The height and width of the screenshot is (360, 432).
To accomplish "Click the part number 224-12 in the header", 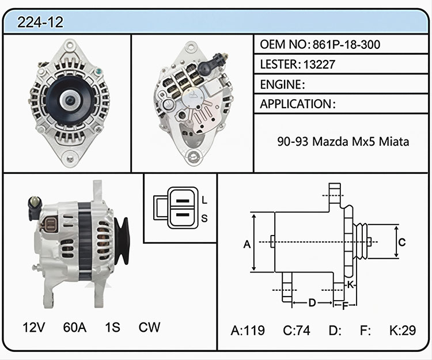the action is tap(40, 22).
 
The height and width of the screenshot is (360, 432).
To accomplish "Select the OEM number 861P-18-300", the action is tap(346, 44).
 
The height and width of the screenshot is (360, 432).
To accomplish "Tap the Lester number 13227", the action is tap(319, 65).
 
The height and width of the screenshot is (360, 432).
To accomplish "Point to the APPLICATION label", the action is tap(295, 104).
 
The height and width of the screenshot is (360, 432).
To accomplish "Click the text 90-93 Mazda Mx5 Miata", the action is tap(343, 142).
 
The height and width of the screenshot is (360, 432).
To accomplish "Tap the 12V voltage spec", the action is tap(33, 327).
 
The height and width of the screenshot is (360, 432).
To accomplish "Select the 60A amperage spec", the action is tap(75, 327).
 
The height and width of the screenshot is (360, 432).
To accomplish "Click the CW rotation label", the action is tap(149, 327).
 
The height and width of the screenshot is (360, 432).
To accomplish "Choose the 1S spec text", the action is tap(112, 327).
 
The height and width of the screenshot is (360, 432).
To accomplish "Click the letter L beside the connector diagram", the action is tap(204, 200).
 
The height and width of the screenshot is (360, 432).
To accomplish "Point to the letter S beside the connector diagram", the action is tap(204, 218).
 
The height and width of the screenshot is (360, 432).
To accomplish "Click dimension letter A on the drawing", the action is tap(247, 244).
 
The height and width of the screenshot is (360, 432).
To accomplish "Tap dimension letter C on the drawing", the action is tap(402, 242).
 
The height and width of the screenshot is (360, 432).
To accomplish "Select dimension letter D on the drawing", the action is tap(312, 303).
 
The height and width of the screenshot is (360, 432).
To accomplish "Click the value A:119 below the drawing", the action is tap(248, 330).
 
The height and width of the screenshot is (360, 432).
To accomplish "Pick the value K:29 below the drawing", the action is tap(403, 330).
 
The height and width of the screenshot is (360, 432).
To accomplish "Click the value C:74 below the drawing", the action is tap(297, 330).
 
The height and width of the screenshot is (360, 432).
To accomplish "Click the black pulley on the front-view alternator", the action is tap(70, 101).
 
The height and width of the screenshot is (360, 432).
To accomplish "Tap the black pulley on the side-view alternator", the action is tap(122, 241).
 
